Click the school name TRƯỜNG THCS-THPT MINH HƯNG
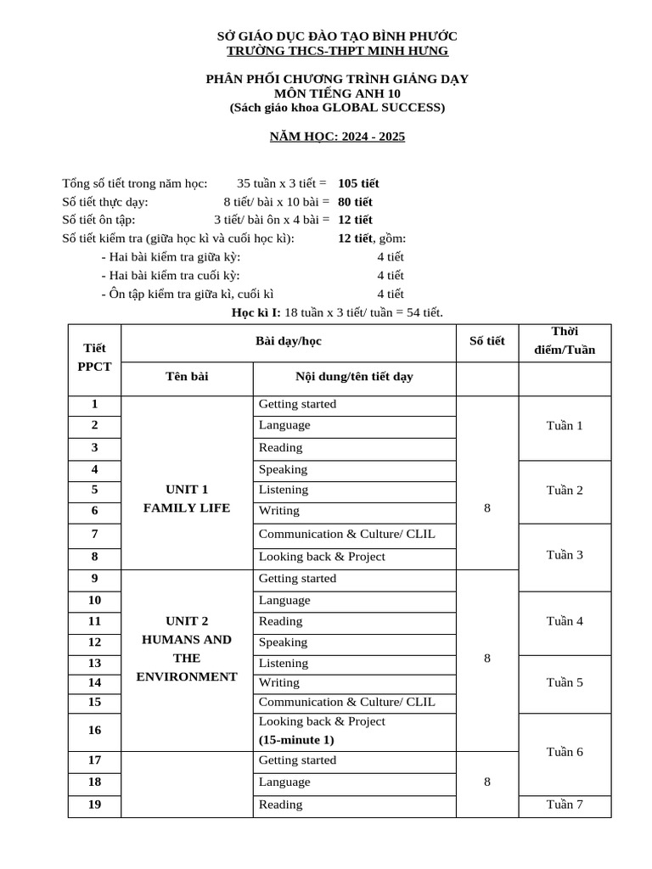pos(337,51)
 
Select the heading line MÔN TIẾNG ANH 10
pos(337,93)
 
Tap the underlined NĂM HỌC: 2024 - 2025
pos(337,137)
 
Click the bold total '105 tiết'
pos(358,183)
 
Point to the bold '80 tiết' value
pos(355,202)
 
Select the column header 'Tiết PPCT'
pos(94,358)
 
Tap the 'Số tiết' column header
pos(486,341)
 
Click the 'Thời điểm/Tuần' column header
pos(565,341)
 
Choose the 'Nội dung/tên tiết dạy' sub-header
pos(354,377)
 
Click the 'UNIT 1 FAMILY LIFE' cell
pos(188,499)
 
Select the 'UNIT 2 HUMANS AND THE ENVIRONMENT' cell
pos(188,648)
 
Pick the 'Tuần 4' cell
pos(565,621)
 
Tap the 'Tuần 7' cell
pos(565,805)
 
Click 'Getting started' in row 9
pos(297,579)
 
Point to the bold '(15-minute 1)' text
pos(296,740)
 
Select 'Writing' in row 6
pos(278,511)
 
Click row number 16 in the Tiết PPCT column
pos(94,730)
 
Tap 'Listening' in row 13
pos(283,663)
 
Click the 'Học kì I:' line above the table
pos(337,313)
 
